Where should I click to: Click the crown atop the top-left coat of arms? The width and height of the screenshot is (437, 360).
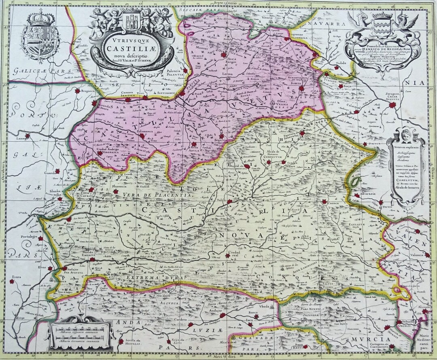40,17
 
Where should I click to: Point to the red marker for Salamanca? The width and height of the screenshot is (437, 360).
142,136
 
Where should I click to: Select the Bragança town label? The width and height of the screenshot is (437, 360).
87,91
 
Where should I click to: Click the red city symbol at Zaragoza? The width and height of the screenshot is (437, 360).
392,105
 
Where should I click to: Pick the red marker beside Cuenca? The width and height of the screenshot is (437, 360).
324,201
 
